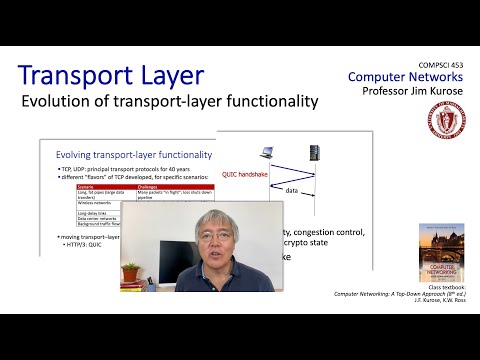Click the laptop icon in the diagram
[x=270, y=152]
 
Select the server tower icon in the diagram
[x=313, y=152]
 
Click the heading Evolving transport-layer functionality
[x=133, y=155]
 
